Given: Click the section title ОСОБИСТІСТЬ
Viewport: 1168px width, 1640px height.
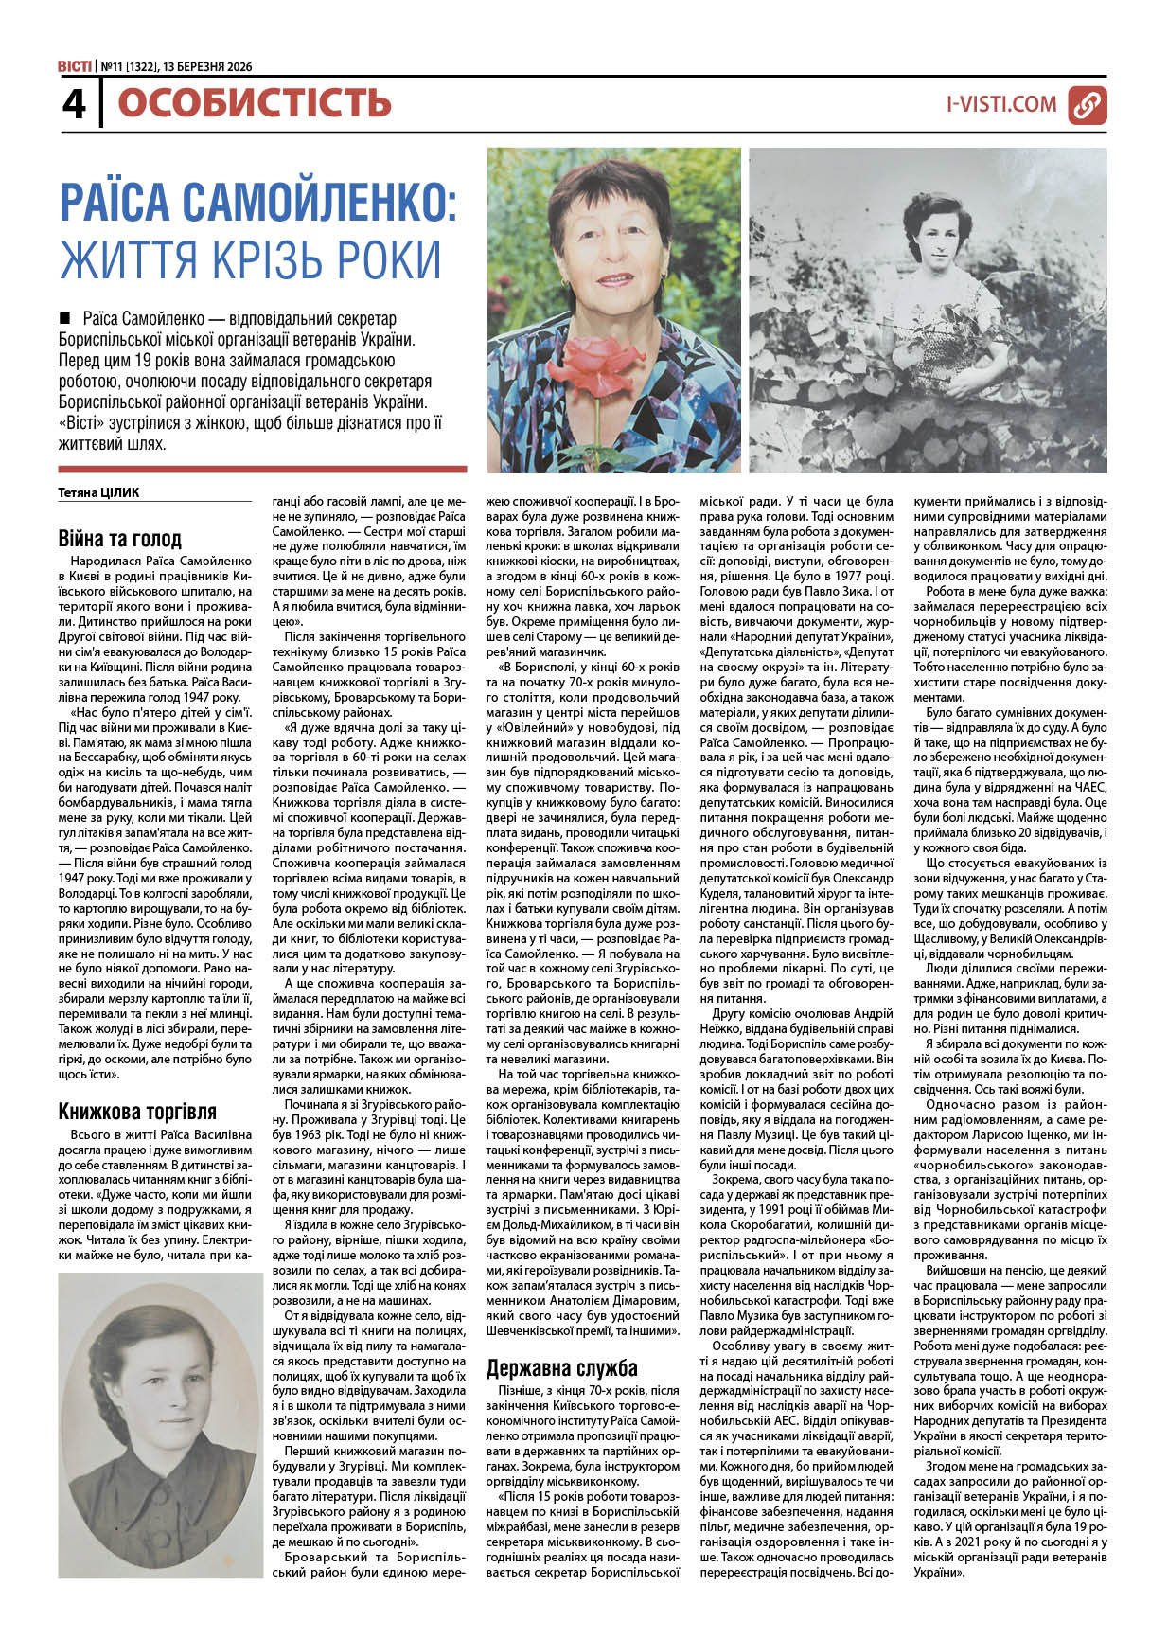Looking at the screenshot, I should click(254, 102).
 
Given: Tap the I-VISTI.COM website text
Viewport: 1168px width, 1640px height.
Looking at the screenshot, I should click(1000, 104).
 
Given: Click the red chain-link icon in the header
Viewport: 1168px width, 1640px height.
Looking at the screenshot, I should click(1088, 105).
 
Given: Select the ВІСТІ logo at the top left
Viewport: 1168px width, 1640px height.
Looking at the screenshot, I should click(74, 66).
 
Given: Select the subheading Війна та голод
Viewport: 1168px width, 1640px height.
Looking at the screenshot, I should click(119, 539).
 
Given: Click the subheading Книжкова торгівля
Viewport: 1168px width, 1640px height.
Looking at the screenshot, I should click(137, 1111).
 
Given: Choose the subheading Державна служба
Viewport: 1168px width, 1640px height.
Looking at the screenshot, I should click(561, 1367).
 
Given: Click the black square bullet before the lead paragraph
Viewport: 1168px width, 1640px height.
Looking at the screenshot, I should click(65, 316).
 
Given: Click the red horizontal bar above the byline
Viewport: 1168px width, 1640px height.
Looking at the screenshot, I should click(262, 469).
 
